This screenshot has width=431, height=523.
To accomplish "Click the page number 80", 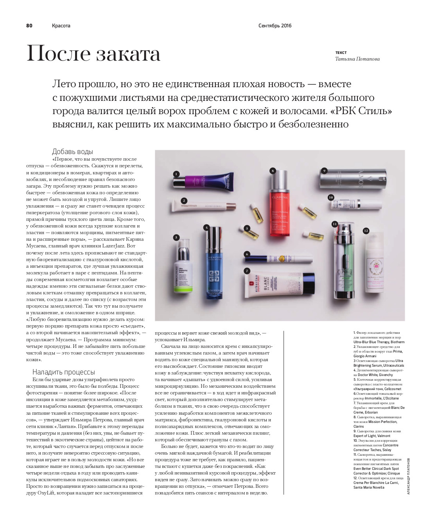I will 29,26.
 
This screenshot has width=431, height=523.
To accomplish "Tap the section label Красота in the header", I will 61,26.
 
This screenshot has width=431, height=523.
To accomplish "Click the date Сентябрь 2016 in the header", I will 275,26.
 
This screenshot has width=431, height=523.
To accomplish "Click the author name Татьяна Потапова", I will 357,59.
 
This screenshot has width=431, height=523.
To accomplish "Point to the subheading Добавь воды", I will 72,152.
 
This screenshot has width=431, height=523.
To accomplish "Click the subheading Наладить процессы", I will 63,372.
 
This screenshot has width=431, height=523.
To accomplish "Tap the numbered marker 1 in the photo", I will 176,174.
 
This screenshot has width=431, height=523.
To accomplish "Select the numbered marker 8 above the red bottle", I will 273,170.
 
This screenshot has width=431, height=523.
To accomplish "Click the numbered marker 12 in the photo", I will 366,231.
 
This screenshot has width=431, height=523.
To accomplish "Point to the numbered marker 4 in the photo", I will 206,227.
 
